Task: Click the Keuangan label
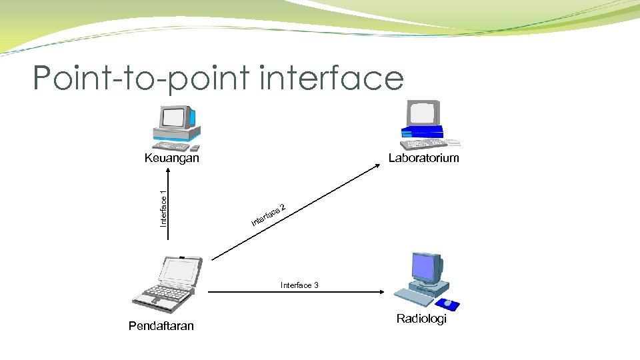[x=172, y=159]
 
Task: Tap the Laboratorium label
[x=423, y=158]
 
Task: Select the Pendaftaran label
[x=161, y=325]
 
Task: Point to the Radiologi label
[x=421, y=319]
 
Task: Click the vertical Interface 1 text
[x=163, y=208]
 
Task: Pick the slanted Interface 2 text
[x=269, y=213]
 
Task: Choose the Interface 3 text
[x=299, y=285]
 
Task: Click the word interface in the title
[x=332, y=79]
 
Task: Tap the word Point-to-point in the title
[x=143, y=79]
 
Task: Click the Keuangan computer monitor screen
[x=174, y=118]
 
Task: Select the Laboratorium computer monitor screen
[x=424, y=113]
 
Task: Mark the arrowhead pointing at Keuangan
[x=169, y=170]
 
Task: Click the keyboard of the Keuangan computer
[x=171, y=146]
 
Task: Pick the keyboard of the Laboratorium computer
[x=424, y=143]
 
